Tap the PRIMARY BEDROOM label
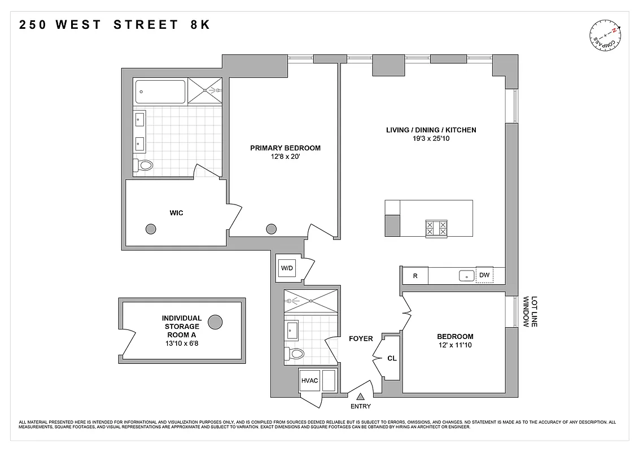click(x=285, y=148)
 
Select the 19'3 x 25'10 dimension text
click(x=431, y=138)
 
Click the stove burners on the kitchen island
click(x=435, y=228)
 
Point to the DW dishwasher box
click(x=484, y=276)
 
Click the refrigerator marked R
click(x=415, y=276)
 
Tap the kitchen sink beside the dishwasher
click(x=466, y=276)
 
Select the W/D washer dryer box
click(x=287, y=268)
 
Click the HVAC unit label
click(x=310, y=380)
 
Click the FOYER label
click(x=361, y=339)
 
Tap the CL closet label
click(x=392, y=358)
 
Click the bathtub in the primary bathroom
click(x=160, y=92)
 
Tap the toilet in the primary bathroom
click(x=144, y=166)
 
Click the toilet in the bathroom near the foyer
click(x=295, y=354)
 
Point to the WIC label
click(x=176, y=213)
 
